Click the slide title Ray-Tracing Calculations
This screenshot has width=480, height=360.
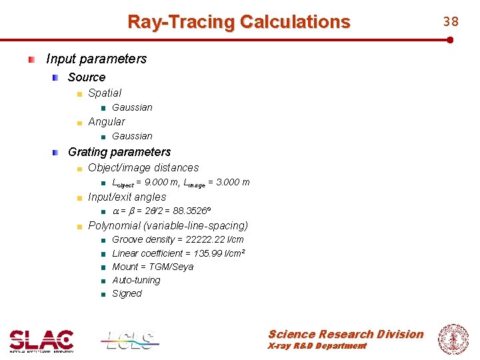[239, 22]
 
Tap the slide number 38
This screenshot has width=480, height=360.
[451, 21]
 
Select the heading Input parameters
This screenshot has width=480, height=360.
[96, 59]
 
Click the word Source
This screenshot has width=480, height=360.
[87, 77]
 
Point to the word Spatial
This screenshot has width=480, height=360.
[105, 93]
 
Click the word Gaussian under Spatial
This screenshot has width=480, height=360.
[132, 107]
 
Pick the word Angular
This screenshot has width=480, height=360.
[107, 122]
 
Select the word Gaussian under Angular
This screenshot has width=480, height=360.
[132, 136]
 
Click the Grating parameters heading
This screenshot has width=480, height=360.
[119, 152]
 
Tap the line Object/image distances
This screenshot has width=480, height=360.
[143, 168]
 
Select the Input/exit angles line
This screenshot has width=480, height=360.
[127, 197]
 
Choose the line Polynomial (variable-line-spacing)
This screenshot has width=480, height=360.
[168, 226]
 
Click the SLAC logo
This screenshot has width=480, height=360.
[41, 341]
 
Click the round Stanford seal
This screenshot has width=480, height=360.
[453, 339]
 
